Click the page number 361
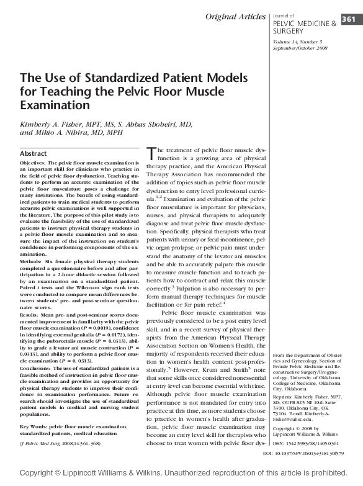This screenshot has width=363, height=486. click(x=348, y=19)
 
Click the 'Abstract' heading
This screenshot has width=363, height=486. click(x=34, y=153)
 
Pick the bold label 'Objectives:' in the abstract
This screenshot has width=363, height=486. click(x=35, y=161)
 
